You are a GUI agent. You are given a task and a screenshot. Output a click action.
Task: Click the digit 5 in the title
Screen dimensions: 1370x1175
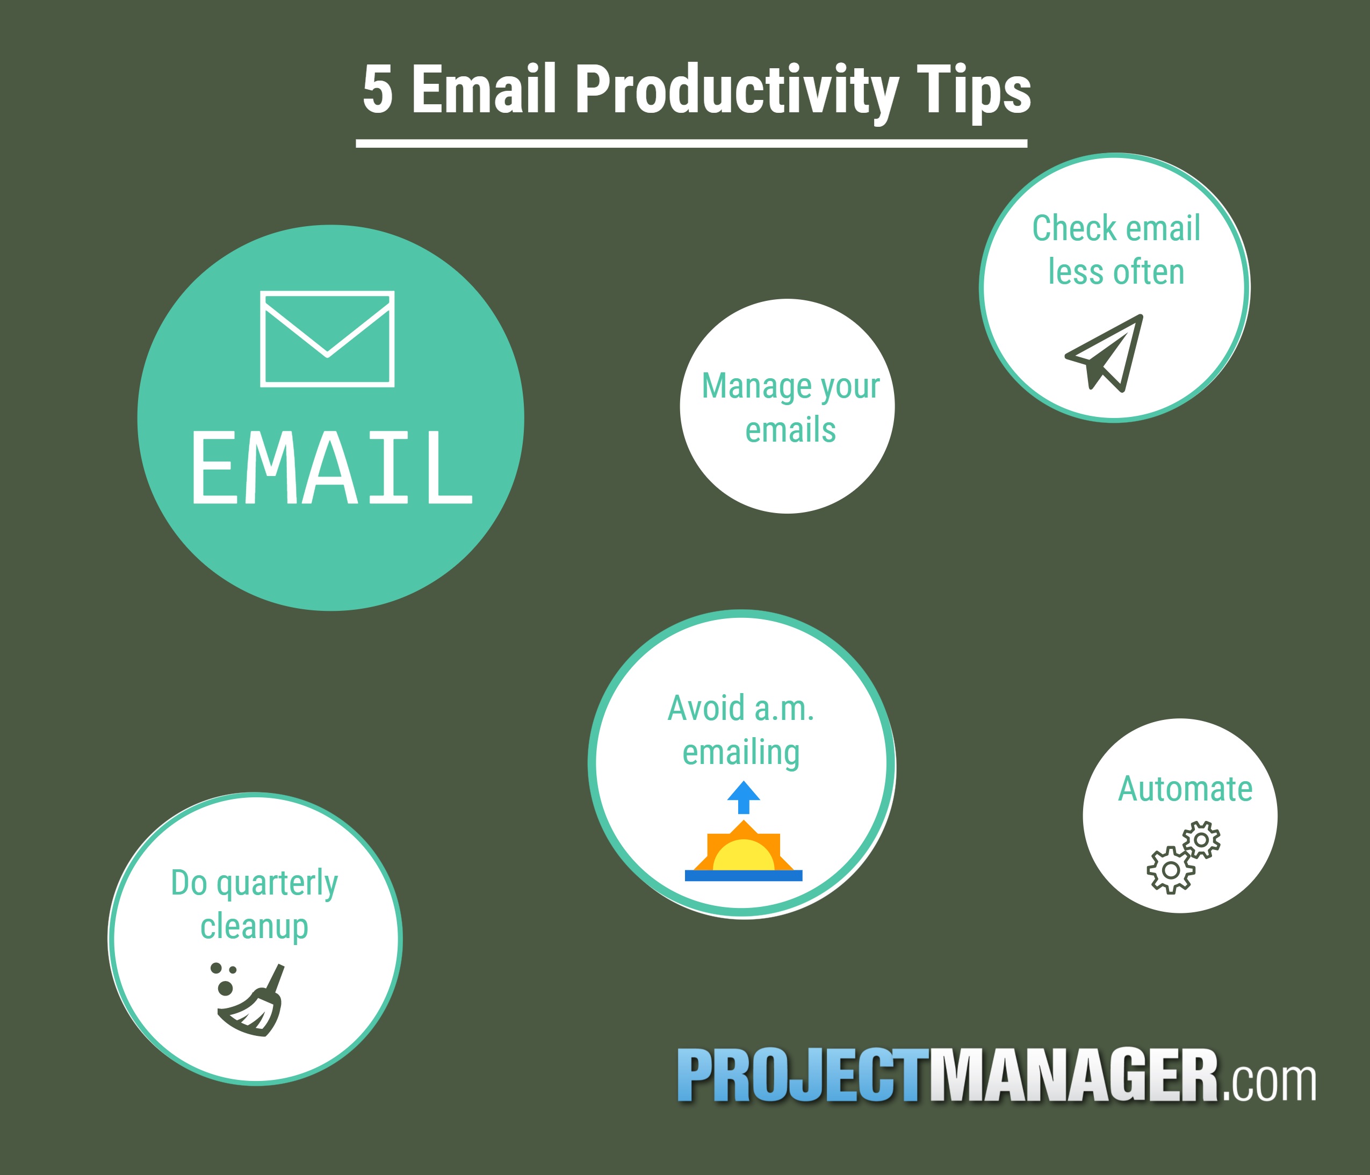(x=378, y=89)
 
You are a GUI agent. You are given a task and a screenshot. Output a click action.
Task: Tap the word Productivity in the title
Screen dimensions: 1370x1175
(x=737, y=92)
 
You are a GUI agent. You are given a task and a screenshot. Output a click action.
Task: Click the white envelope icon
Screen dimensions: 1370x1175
(x=327, y=338)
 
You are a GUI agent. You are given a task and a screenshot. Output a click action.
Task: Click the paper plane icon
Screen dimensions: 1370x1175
(x=1104, y=353)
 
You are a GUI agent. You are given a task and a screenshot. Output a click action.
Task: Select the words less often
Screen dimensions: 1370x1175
(x=1116, y=272)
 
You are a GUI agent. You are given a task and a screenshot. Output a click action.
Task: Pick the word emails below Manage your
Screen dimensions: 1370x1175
(x=791, y=430)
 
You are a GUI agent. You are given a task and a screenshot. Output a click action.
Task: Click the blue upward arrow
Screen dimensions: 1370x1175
(x=744, y=797)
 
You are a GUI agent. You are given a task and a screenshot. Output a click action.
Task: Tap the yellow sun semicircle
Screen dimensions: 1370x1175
(x=744, y=855)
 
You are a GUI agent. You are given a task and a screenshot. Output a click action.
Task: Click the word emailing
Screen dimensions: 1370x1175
(x=741, y=754)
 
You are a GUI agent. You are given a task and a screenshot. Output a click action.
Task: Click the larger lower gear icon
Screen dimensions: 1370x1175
(x=1170, y=870)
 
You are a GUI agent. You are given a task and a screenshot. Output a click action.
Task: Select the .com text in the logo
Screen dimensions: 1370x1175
(x=1269, y=1083)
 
